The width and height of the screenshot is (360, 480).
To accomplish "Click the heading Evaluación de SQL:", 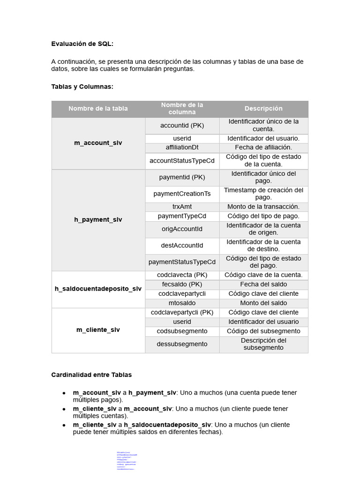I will point(82,44).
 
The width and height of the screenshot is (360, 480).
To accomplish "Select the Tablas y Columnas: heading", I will point(82,87).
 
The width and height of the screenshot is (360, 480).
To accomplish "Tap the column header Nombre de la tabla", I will point(98,109).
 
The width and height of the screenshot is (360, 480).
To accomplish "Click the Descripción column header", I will point(263,109).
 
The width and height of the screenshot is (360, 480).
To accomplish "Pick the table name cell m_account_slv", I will point(98,143).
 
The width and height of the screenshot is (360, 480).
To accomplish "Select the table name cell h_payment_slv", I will point(98,219).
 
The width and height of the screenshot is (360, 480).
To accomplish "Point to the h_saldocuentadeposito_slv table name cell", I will point(98,289).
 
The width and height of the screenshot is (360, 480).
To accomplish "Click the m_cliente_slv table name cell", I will point(98,330).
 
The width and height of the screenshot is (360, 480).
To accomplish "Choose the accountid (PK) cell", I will point(182,126).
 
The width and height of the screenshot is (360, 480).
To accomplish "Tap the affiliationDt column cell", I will point(182,147).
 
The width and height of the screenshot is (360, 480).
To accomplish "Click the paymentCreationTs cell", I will point(182,194).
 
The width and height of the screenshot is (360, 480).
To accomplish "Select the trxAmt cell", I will point(182,207).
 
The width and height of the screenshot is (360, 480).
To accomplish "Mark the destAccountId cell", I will point(182,246).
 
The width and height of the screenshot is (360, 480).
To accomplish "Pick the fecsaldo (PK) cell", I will point(182,285).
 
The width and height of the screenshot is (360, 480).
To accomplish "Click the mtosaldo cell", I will point(182,303).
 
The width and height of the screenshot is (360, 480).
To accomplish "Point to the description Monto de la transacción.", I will point(263,207).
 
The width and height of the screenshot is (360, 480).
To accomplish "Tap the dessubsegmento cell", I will point(182,344).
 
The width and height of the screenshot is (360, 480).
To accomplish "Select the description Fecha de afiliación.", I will point(263,147).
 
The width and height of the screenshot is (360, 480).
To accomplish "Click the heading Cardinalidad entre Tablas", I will point(91,375).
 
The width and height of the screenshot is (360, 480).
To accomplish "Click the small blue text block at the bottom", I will point(126,460).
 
